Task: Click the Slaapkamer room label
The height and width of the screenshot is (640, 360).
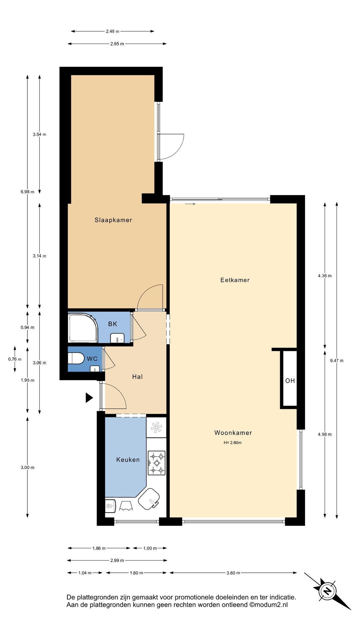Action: pyautogui.click(x=113, y=220)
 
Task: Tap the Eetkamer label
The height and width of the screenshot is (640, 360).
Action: pyautogui.click(x=235, y=280)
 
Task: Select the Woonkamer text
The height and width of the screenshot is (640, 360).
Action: pyautogui.click(x=233, y=433)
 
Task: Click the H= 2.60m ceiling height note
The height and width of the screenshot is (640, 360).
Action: pyautogui.click(x=233, y=443)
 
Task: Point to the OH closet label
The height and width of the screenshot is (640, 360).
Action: pyautogui.click(x=290, y=381)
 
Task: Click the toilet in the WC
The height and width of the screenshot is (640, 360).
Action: pyautogui.click(x=76, y=358)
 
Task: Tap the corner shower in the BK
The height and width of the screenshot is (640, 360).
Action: pyautogui.click(x=82, y=328)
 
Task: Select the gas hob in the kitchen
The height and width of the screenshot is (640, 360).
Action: pyautogui.click(x=156, y=463)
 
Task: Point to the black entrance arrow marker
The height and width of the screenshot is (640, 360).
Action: pyautogui.click(x=89, y=397)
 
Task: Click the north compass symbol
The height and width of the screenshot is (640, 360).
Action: pyautogui.click(x=327, y=591)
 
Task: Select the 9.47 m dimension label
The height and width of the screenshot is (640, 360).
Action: pyautogui.click(x=337, y=360)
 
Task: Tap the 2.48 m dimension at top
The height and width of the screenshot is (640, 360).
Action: pyautogui.click(x=112, y=31)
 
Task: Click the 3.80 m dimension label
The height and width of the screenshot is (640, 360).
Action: pyautogui.click(x=233, y=573)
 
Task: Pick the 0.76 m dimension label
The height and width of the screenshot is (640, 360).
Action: pyautogui.click(x=15, y=359)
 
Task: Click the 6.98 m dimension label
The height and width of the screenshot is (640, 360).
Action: pyautogui.click(x=27, y=192)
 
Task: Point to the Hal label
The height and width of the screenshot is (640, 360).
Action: pyautogui.click(x=137, y=377)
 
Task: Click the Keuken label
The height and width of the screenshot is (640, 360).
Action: pyautogui.click(x=128, y=460)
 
